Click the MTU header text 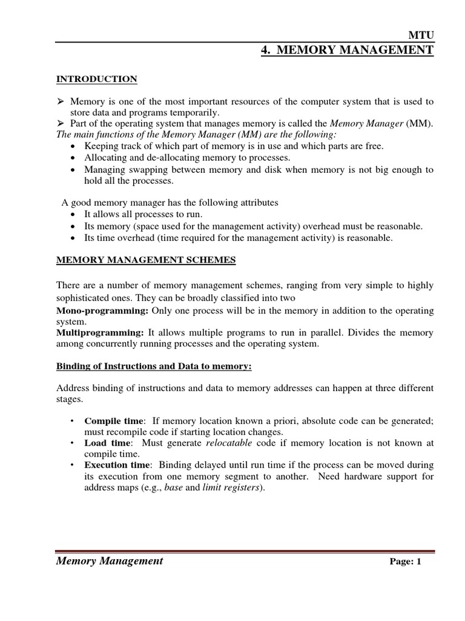(422, 36)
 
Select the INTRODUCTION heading (97, 79)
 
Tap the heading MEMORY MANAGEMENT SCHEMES (146, 260)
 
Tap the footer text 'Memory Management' (110, 561)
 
